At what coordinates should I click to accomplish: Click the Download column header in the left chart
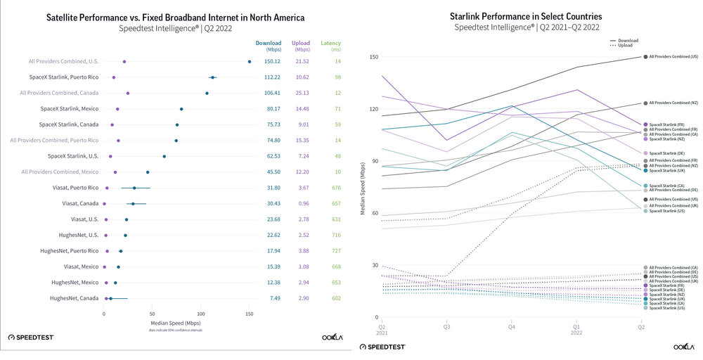point(268,44)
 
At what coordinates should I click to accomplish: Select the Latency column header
point(330,44)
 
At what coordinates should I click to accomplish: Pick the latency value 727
point(331,251)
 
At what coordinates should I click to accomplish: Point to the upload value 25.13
point(299,93)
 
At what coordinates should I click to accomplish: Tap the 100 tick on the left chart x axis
point(200,311)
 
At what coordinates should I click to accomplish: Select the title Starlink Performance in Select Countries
point(526,16)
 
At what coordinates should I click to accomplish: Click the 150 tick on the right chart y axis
point(374,57)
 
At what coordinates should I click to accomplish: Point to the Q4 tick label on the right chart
point(511,326)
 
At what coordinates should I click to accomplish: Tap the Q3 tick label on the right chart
point(446,326)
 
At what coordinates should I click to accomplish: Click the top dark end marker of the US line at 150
point(645,57)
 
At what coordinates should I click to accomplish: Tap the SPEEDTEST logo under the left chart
point(31,337)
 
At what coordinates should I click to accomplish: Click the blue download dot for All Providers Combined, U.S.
point(250,62)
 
